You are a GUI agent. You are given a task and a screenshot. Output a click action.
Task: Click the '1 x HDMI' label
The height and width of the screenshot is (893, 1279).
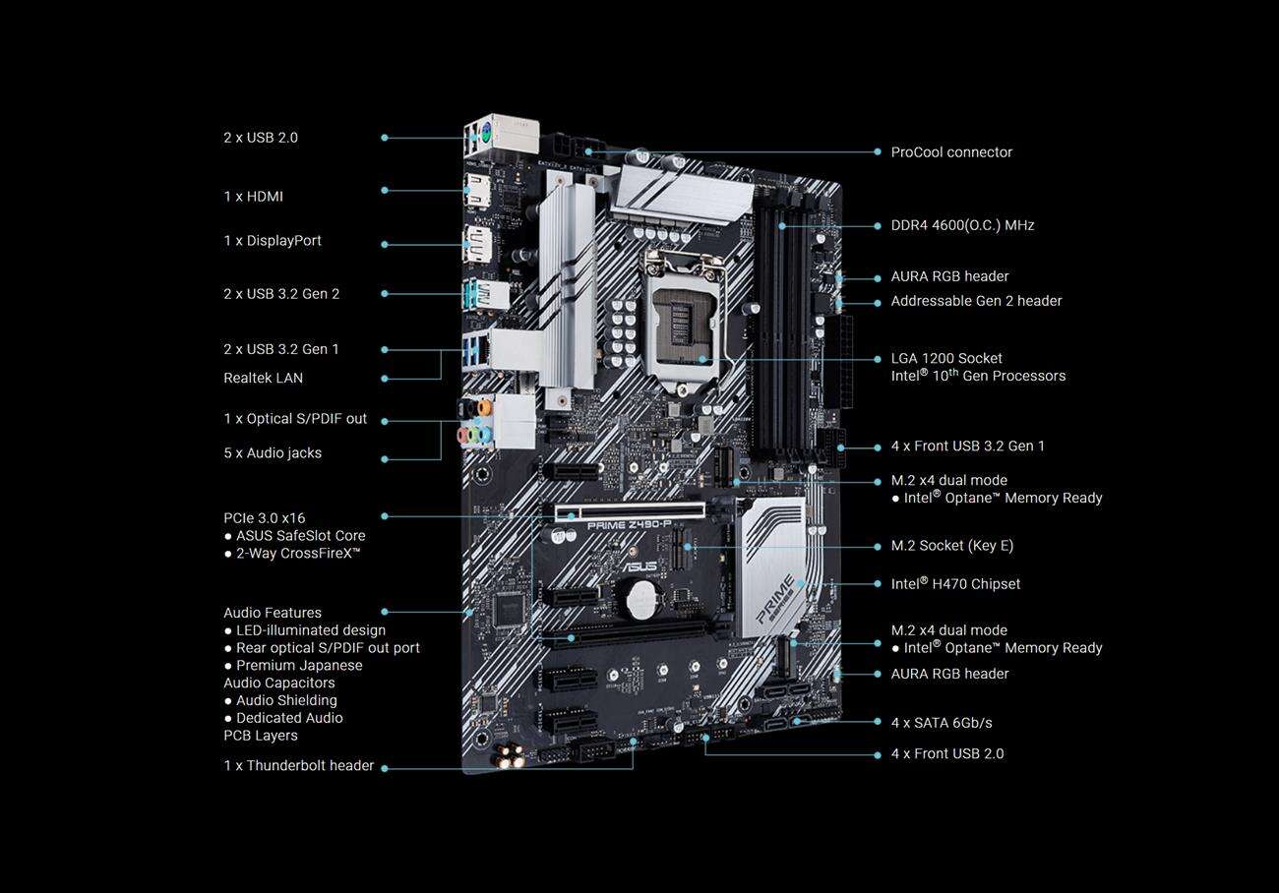[253, 197]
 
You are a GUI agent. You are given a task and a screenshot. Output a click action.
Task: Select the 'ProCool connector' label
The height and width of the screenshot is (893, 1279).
[951, 152]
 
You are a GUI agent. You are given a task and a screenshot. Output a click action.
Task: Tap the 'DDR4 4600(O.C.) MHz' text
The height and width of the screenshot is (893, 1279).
[962, 225]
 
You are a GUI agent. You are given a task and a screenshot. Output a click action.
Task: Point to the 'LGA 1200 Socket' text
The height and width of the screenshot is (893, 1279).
[946, 358]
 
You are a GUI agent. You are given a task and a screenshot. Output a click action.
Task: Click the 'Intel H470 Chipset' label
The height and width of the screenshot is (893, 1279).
[955, 584]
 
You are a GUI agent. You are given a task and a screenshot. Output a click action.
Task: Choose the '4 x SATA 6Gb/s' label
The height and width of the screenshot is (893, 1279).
[941, 723]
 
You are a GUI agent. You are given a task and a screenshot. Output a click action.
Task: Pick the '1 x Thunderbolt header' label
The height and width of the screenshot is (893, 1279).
[299, 765]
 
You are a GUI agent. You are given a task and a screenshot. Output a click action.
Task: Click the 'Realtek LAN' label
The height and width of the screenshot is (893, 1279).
[264, 378]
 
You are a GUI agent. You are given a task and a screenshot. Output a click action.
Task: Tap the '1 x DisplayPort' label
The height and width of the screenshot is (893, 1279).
[273, 241]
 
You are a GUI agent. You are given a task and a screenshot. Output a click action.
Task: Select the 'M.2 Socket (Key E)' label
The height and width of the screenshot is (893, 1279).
[951, 546]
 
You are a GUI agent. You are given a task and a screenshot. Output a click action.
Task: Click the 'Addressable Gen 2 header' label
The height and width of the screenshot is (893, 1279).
[976, 301]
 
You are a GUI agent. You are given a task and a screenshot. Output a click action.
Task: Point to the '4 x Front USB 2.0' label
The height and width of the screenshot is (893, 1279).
[947, 753]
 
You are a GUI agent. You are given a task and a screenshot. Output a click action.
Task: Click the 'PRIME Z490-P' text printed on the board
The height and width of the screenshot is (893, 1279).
[629, 525]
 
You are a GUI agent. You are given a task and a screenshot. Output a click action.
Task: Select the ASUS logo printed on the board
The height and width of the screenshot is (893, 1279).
[638, 566]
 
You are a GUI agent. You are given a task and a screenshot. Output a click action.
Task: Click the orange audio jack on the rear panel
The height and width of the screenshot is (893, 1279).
[484, 407]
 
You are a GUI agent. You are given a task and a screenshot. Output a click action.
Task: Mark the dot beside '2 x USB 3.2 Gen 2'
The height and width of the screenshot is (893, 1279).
[385, 294]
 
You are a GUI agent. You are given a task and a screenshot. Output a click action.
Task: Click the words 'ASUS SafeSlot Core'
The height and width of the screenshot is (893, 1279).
[300, 536]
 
